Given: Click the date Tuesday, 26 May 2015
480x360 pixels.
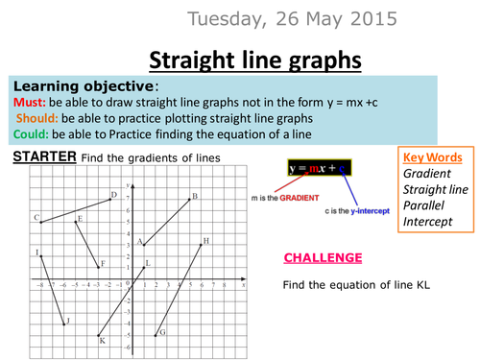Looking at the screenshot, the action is pyautogui.click(x=292, y=19).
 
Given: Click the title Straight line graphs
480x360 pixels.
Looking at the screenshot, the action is pyautogui.click(x=255, y=60).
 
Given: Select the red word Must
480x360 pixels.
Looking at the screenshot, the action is pyautogui.click(x=30, y=103).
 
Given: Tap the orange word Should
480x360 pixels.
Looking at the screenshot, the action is pyautogui.click(x=37, y=118).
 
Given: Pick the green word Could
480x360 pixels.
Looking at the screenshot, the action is pyautogui.click(x=31, y=134).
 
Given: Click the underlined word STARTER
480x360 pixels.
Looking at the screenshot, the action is pyautogui.click(x=44, y=156).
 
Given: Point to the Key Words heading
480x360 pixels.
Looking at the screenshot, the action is pyautogui.click(x=433, y=157).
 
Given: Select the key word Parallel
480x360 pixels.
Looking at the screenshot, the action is pyautogui.click(x=423, y=205).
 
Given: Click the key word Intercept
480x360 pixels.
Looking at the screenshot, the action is pyautogui.click(x=428, y=222).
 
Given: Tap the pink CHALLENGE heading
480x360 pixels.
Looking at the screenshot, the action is pyautogui.click(x=323, y=258).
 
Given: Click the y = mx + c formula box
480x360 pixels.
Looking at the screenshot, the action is pyautogui.click(x=320, y=167).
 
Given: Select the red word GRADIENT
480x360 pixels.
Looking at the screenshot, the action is pyautogui.click(x=300, y=198).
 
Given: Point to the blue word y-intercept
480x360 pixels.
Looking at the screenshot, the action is pyautogui.click(x=371, y=211).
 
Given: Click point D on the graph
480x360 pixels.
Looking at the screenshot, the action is pyautogui.click(x=110, y=200).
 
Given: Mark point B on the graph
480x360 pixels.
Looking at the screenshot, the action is pyautogui.click(x=189, y=200).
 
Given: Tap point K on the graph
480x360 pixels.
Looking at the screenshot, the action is pyautogui.click(x=99, y=335).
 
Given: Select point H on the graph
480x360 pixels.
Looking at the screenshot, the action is pyautogui.click(x=201, y=245).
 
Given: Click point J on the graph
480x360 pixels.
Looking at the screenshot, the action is pyautogui.click(x=64, y=324).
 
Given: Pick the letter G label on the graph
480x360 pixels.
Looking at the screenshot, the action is pyautogui.click(x=162, y=332).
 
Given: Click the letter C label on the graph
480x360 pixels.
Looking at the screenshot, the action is pyautogui.click(x=36, y=218).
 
